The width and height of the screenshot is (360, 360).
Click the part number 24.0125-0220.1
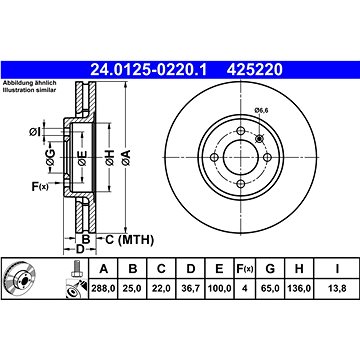(x=149, y=70)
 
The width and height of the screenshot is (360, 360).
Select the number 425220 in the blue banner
(x=255, y=70)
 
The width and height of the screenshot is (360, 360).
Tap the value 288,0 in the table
(x=104, y=289)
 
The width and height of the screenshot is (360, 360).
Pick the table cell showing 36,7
(x=191, y=289)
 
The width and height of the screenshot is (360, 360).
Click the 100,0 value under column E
(x=219, y=289)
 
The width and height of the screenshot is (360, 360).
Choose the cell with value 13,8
(x=337, y=289)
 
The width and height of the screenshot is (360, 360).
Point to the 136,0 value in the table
(x=299, y=289)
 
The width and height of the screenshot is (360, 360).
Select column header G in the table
(x=270, y=269)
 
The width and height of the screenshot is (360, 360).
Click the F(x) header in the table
(x=245, y=269)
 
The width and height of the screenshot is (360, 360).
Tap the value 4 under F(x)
(x=245, y=289)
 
